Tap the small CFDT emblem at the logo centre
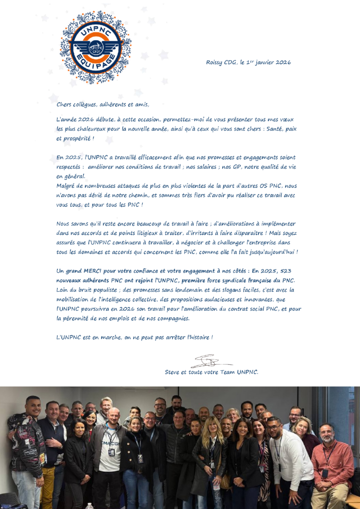[96, 49]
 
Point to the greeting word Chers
[64, 104]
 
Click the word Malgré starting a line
[66, 185]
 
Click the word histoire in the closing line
[199, 338]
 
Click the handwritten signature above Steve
[209, 361]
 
